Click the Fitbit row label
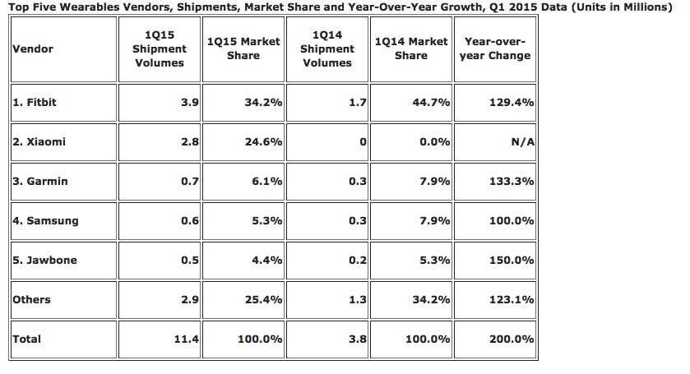(x=35, y=103)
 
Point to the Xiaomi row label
(x=39, y=141)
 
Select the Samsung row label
(x=44, y=220)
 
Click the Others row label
(x=32, y=299)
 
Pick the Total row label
(x=27, y=339)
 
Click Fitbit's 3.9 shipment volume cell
(x=188, y=103)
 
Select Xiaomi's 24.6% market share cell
(x=266, y=141)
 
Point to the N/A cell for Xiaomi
(x=523, y=141)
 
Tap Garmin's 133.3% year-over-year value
(x=512, y=181)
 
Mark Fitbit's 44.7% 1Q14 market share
(x=433, y=103)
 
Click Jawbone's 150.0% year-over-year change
(x=512, y=260)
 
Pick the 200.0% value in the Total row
(x=512, y=339)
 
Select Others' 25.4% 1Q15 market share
(x=266, y=299)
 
